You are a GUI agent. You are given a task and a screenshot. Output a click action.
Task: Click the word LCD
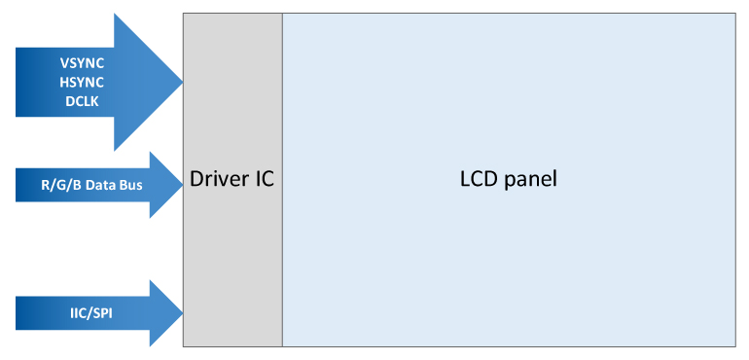(478, 180)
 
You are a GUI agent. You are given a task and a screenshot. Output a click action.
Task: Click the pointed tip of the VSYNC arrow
(182, 82)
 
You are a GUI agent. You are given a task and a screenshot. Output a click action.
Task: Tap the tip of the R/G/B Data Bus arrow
(182, 184)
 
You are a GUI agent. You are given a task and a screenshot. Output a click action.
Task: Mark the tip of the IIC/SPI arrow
(182, 313)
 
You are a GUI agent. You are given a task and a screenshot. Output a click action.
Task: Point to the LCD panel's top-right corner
(734, 14)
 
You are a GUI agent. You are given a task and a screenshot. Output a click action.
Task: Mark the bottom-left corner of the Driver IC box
(184, 345)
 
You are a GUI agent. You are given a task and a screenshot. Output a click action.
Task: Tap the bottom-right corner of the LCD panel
(734, 345)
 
